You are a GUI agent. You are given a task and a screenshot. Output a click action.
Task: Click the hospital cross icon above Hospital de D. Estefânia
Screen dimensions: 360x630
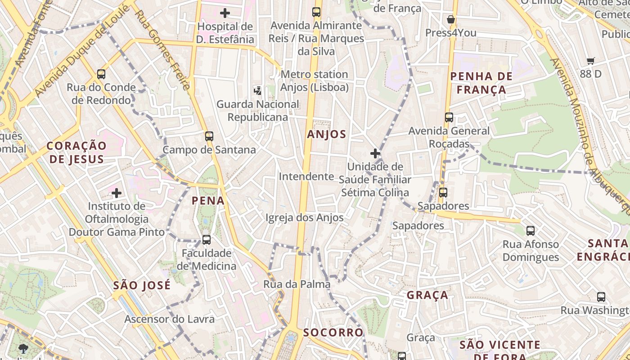(225, 13)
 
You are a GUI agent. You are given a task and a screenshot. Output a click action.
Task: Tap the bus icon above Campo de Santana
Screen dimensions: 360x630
(209, 136)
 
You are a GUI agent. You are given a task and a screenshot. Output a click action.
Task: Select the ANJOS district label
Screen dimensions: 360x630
(327, 134)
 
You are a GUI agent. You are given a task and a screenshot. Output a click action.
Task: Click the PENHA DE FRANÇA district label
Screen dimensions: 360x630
(481, 83)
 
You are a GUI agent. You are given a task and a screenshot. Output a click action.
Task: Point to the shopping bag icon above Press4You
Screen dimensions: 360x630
(450, 19)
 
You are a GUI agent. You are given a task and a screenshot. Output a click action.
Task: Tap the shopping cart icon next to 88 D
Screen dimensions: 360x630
(591, 61)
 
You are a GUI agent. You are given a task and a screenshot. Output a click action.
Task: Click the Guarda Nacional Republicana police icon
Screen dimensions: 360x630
(257, 91)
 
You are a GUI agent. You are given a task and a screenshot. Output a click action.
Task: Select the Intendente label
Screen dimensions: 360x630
(306, 176)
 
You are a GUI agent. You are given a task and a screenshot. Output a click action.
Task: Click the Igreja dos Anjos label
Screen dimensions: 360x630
(305, 218)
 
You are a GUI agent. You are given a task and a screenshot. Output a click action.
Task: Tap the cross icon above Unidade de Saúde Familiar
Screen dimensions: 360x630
(375, 153)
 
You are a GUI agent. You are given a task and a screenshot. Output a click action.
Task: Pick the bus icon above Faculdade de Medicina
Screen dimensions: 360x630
(207, 239)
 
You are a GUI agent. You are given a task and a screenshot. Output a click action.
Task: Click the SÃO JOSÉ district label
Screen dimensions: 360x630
(142, 285)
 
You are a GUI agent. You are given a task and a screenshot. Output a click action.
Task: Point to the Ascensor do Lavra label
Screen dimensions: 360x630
(169, 319)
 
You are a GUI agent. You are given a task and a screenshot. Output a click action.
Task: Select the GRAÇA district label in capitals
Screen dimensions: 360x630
(427, 295)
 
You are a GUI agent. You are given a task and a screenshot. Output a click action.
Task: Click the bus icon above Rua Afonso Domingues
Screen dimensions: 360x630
(531, 231)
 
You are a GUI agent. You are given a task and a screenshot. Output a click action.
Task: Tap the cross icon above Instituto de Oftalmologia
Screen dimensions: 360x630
(117, 193)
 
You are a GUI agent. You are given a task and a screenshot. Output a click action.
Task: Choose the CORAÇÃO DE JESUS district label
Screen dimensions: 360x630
(76, 152)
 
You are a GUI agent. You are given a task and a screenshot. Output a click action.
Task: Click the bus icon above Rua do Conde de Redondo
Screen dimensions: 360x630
(101, 74)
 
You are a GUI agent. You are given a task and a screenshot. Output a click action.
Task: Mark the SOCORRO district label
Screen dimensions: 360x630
(333, 333)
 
